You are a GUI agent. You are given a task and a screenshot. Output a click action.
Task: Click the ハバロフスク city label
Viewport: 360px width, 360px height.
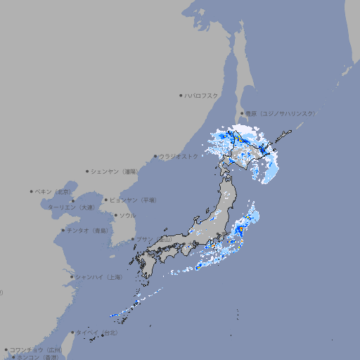point(202,95)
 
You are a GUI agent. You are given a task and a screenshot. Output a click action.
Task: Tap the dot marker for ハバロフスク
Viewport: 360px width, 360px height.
point(181,95)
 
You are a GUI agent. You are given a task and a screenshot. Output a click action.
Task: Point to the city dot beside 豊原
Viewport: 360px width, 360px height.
point(242,113)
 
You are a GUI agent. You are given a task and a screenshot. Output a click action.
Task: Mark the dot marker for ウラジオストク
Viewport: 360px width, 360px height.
point(155,156)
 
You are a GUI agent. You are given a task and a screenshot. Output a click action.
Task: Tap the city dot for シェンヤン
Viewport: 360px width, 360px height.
point(88,171)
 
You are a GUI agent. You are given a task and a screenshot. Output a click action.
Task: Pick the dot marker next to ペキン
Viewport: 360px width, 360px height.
point(32,191)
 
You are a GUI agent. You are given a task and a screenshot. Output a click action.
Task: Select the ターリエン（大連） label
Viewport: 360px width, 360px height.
point(71,207)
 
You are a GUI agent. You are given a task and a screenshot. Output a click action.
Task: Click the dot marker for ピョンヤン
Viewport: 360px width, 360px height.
point(107,200)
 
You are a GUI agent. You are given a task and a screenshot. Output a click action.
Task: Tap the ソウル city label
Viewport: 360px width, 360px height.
point(127,215)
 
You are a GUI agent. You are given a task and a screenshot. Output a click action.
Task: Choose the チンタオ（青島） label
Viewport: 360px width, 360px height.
point(87,230)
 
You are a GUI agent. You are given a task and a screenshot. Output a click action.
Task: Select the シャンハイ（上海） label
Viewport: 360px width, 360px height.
point(98,277)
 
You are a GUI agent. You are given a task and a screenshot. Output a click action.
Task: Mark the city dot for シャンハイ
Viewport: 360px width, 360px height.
point(72,277)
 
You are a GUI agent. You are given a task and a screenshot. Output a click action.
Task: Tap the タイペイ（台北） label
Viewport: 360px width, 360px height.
point(96,333)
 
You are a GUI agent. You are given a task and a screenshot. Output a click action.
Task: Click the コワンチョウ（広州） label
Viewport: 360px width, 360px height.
point(36,349)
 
